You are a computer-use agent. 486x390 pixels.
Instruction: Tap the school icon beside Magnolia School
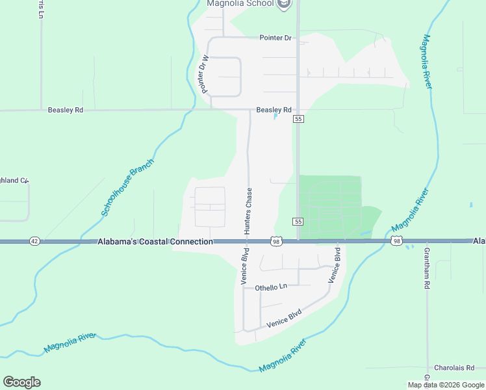[283, 5]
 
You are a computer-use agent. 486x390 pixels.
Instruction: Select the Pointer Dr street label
[275, 38]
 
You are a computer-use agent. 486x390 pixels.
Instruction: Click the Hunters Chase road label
[248, 208]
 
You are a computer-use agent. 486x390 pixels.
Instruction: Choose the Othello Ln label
[271, 287]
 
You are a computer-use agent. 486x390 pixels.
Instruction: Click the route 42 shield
[34, 241]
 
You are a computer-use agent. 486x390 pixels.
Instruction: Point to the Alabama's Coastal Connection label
[155, 242]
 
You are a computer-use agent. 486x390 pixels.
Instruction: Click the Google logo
[21, 382]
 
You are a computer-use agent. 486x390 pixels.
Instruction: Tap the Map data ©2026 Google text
[446, 385]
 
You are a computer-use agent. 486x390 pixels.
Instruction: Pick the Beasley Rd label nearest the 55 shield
[274, 110]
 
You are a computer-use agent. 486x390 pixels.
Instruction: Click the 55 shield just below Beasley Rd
[298, 119]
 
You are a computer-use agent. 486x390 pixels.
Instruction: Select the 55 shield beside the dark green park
[298, 222]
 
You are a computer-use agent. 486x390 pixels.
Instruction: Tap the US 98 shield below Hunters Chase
[276, 241]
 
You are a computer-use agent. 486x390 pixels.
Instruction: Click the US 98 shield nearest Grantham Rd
[396, 241]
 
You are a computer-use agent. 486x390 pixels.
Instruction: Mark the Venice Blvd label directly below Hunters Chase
[245, 265]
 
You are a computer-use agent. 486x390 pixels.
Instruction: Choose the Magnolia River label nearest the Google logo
[70, 343]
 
